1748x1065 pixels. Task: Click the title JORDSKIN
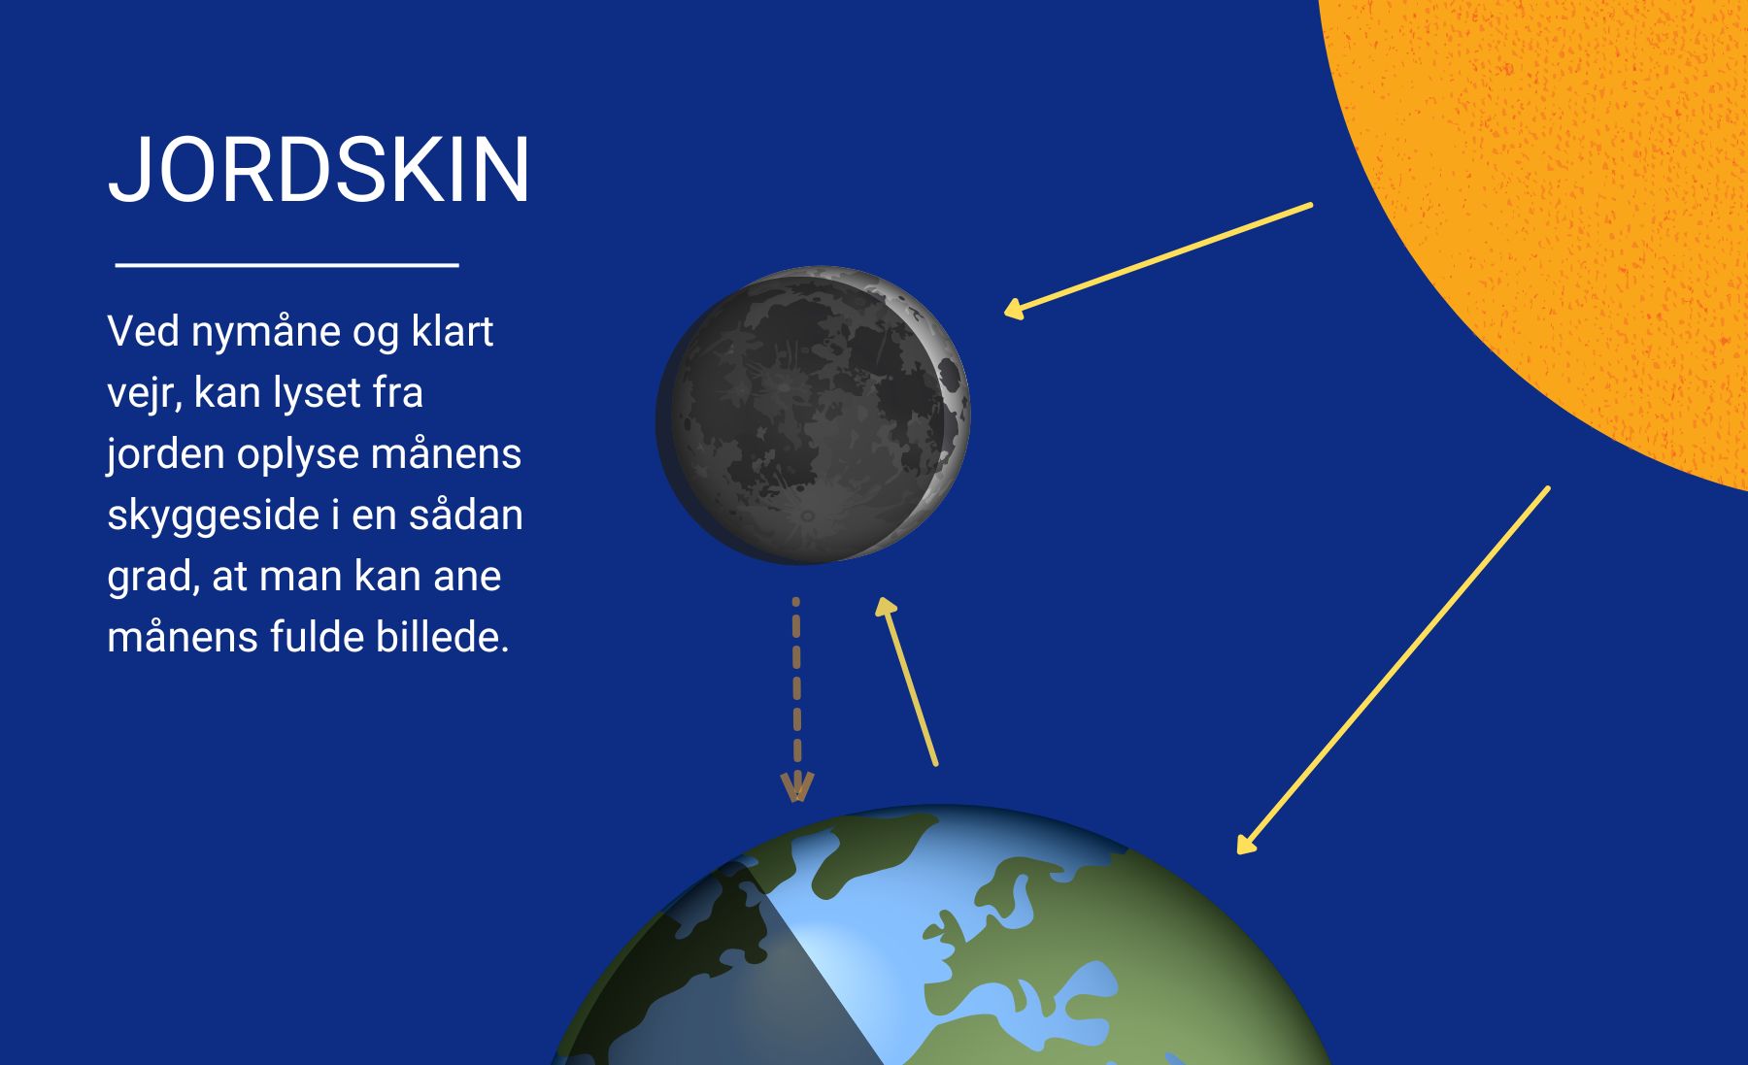(x=319, y=170)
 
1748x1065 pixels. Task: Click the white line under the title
(x=286, y=263)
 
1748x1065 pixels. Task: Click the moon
(x=813, y=416)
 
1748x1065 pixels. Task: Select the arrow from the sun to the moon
(x=1158, y=260)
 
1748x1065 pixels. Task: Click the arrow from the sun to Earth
(x=1393, y=671)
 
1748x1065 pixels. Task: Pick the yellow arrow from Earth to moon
(x=906, y=682)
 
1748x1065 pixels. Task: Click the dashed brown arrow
(x=796, y=699)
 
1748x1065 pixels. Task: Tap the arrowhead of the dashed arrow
(x=796, y=787)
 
